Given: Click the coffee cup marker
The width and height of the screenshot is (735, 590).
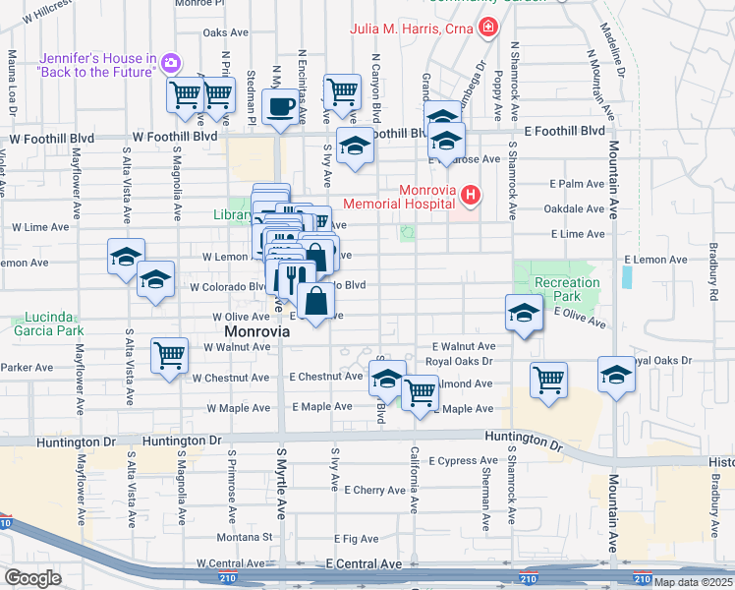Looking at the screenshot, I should pyautogui.click(x=280, y=106).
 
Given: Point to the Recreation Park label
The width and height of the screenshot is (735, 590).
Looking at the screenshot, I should pyautogui.click(x=567, y=290).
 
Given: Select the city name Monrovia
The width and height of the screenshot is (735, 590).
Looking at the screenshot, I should pyautogui.click(x=252, y=332).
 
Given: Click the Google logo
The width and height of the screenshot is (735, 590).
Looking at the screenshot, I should pyautogui.click(x=31, y=577).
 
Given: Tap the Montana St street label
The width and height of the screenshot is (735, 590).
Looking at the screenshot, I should pyautogui.click(x=246, y=537).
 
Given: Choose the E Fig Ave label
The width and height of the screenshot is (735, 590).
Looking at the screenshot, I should pyautogui.click(x=356, y=539).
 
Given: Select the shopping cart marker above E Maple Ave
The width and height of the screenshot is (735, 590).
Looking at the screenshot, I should pyautogui.click(x=421, y=392).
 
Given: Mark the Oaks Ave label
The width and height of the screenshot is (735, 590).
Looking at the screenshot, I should pyautogui.click(x=219, y=32).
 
